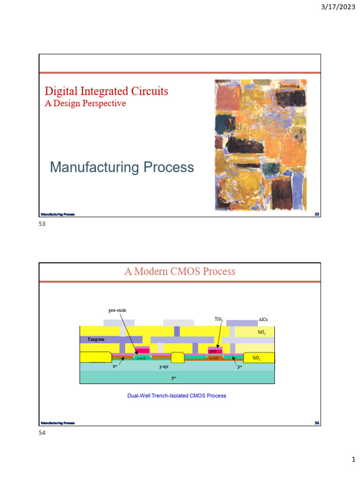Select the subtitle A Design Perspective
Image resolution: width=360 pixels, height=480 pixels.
(x=85, y=103)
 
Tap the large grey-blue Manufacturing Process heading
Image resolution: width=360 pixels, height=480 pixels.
(x=122, y=167)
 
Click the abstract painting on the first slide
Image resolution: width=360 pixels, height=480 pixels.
(x=260, y=145)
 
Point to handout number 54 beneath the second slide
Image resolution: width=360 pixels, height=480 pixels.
(x=42, y=434)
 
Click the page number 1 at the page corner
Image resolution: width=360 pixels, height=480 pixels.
(x=353, y=461)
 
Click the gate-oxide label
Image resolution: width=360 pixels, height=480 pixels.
(x=117, y=310)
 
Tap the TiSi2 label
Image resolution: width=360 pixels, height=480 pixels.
(x=219, y=319)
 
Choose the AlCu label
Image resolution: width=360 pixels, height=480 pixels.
(x=263, y=320)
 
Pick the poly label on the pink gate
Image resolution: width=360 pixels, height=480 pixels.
(x=213, y=351)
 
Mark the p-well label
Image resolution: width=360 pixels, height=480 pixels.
(x=141, y=358)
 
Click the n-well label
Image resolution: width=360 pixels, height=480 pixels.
(x=214, y=358)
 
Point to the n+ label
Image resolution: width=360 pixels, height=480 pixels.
(x=115, y=367)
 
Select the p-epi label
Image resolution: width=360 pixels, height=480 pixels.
(x=164, y=367)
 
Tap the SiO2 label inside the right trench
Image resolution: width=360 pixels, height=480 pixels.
(x=256, y=358)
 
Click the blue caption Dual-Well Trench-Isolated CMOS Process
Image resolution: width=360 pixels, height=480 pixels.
(x=177, y=396)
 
